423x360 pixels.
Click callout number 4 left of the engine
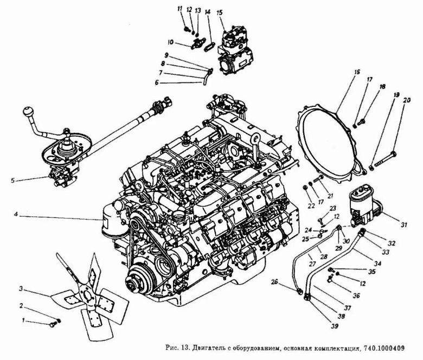[17, 215]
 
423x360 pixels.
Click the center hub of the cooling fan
[86, 295]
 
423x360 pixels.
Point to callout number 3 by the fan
[21, 287]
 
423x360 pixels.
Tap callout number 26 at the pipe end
[275, 282]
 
